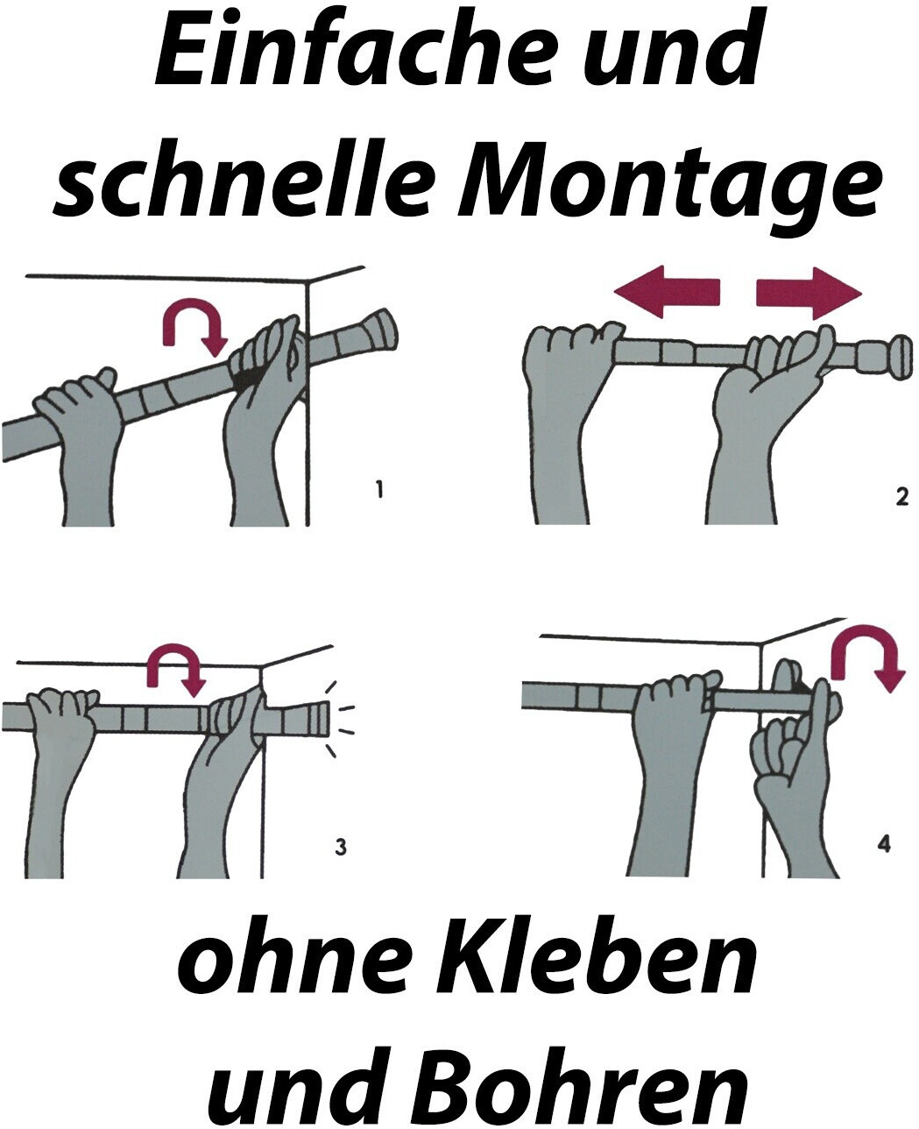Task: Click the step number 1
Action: tap(378, 489)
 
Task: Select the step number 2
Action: tap(901, 497)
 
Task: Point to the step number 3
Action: tap(341, 847)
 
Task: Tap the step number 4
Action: tap(883, 843)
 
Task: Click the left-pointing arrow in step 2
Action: tap(667, 292)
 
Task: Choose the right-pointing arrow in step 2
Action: tap(809, 293)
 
